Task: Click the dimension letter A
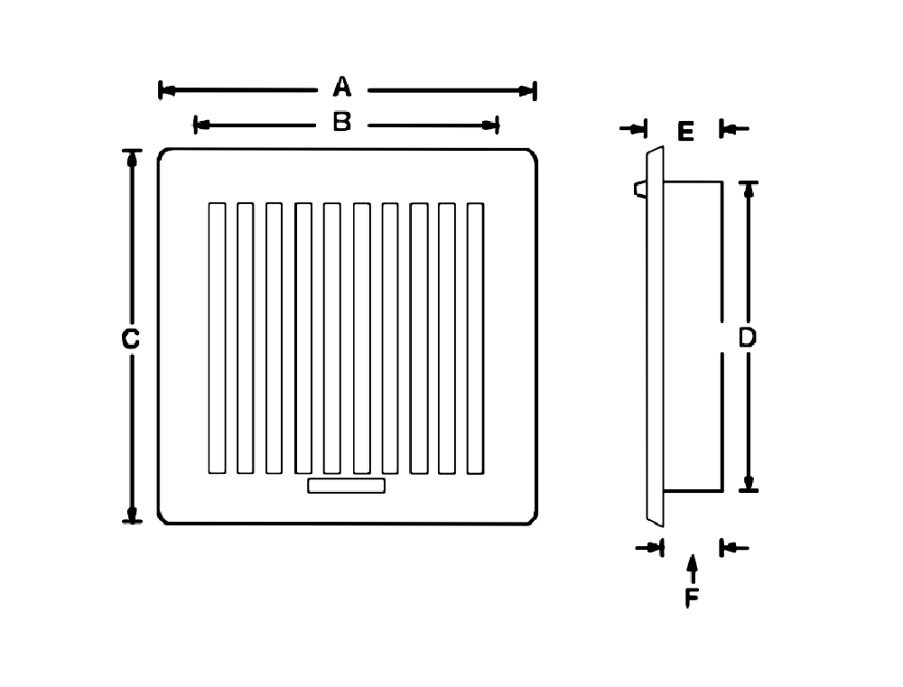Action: (341, 88)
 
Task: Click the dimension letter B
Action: (341, 123)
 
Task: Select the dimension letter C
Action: (130, 339)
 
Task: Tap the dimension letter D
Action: (747, 338)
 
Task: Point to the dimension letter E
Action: (684, 133)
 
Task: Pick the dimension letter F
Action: (692, 598)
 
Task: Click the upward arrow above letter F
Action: (692, 567)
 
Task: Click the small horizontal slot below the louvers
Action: (347, 487)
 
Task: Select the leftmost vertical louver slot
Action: (217, 338)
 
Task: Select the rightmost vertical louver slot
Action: (475, 338)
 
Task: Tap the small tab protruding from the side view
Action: (640, 188)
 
